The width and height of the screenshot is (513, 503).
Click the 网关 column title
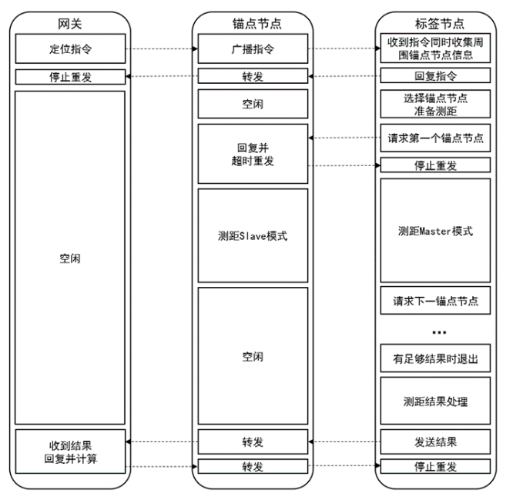click(x=69, y=24)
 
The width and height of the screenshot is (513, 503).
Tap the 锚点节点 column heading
click(x=256, y=24)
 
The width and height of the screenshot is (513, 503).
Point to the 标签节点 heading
click(x=439, y=24)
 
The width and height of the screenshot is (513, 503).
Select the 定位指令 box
click(x=70, y=48)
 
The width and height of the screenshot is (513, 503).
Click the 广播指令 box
click(x=253, y=48)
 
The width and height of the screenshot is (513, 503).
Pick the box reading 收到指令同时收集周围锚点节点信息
click(x=435, y=48)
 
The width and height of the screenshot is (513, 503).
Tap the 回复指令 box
click(x=435, y=76)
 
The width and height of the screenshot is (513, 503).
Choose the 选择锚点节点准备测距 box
click(x=435, y=104)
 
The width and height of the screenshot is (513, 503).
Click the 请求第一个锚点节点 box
click(x=435, y=138)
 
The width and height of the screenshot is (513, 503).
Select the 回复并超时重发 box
click(x=253, y=154)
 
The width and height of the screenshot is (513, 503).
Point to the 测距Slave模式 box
click(x=253, y=235)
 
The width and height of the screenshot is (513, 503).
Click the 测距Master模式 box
click(x=435, y=231)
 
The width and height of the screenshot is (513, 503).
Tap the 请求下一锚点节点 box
click(x=435, y=301)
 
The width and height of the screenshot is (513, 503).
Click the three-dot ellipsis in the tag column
click(x=439, y=332)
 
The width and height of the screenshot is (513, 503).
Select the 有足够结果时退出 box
click(x=435, y=358)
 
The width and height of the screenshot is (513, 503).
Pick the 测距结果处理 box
click(x=435, y=401)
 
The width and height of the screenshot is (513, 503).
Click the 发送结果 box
click(x=435, y=442)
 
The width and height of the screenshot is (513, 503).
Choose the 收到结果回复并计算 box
click(x=70, y=451)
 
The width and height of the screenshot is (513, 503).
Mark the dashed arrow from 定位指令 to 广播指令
click(x=162, y=49)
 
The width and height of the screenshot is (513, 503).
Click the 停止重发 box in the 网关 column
click(x=70, y=77)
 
